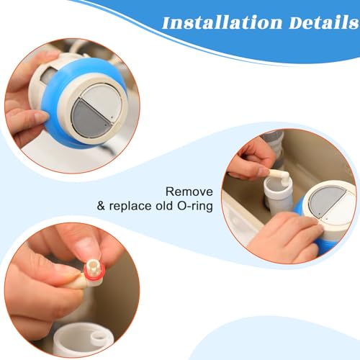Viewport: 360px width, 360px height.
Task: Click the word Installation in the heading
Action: (222, 22)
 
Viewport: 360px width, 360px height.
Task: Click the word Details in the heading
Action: (324, 22)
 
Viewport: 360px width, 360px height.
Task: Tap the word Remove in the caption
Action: (189, 192)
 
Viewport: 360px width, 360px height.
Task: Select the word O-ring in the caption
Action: (195, 206)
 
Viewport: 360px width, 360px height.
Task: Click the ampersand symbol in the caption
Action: (101, 206)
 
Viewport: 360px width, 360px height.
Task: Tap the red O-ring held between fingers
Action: (94, 272)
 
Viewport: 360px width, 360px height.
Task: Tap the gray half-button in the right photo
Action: (325, 200)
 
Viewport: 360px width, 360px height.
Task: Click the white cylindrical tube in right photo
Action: (279, 195)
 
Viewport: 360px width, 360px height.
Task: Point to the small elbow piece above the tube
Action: (280, 177)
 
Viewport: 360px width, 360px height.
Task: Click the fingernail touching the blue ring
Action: (41, 117)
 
